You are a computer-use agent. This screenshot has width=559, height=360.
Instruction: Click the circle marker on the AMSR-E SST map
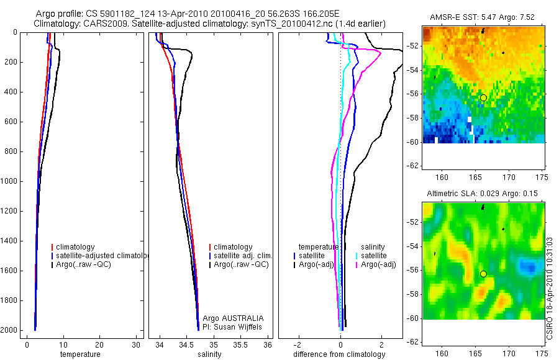tap(483, 97)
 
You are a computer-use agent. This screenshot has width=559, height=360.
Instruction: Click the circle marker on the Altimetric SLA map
tap(483, 274)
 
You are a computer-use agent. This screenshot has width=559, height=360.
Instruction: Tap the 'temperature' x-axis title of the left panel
tap(80, 354)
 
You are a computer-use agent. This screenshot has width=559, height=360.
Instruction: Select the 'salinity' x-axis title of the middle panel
tap(209, 354)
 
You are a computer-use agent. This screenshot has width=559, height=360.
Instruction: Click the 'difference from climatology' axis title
tap(339, 354)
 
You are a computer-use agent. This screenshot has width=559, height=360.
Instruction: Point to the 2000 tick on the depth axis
tap(11, 330)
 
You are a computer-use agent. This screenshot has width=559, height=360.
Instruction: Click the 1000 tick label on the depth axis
tap(11, 181)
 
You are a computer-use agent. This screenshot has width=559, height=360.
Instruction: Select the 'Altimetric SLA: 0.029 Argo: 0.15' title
tap(483, 194)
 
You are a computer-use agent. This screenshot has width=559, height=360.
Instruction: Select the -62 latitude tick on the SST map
tap(411, 166)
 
